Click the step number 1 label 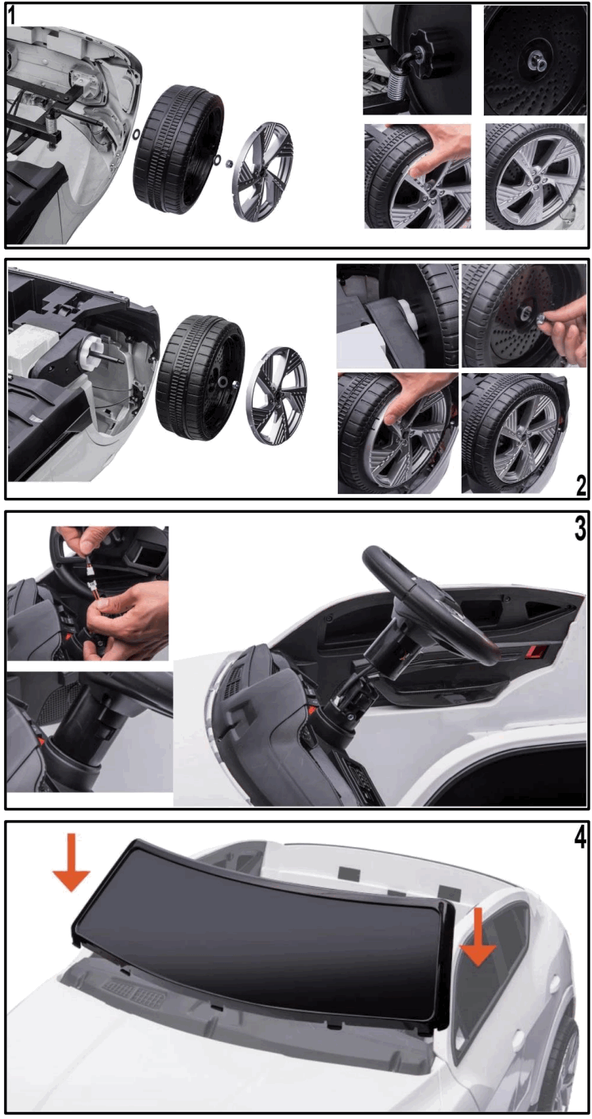11,14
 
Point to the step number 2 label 580,484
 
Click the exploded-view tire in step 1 176,150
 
